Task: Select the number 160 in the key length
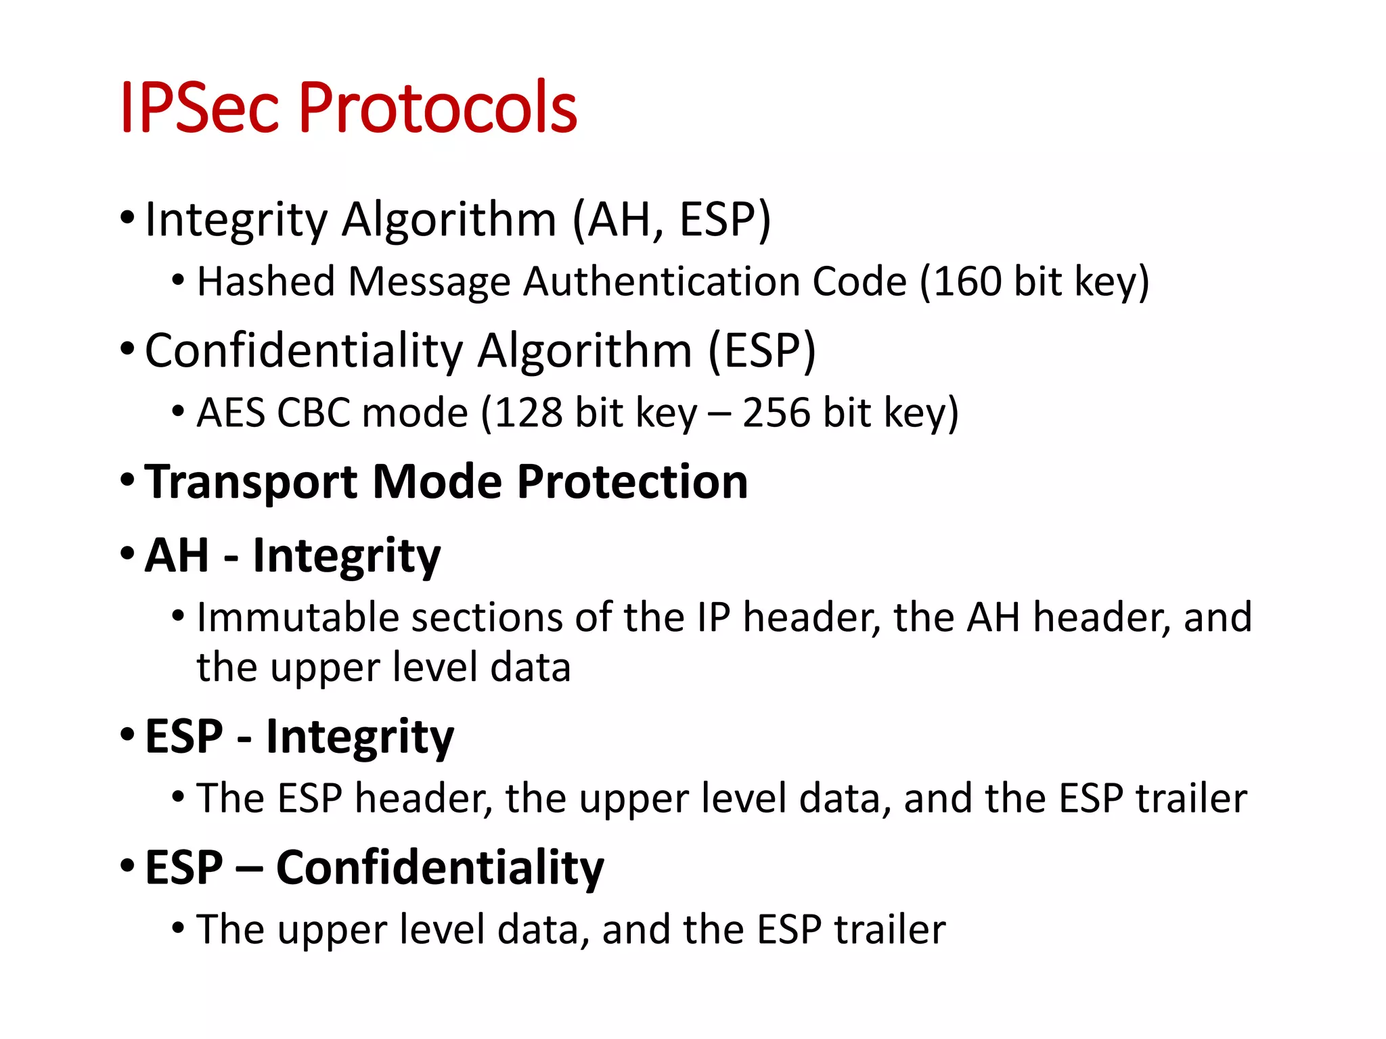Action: pos(968,281)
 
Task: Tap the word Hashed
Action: pos(266,281)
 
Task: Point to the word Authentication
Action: pos(662,281)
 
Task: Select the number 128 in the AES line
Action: pos(528,413)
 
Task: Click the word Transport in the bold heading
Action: pos(251,483)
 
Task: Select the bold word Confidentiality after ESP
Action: pos(440,868)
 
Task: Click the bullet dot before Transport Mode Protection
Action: pos(127,480)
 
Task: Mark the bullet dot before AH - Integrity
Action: pos(127,553)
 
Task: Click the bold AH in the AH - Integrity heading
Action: pos(177,555)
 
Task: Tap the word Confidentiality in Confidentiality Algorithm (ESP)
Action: pos(304,351)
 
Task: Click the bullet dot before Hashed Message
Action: pos(178,279)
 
